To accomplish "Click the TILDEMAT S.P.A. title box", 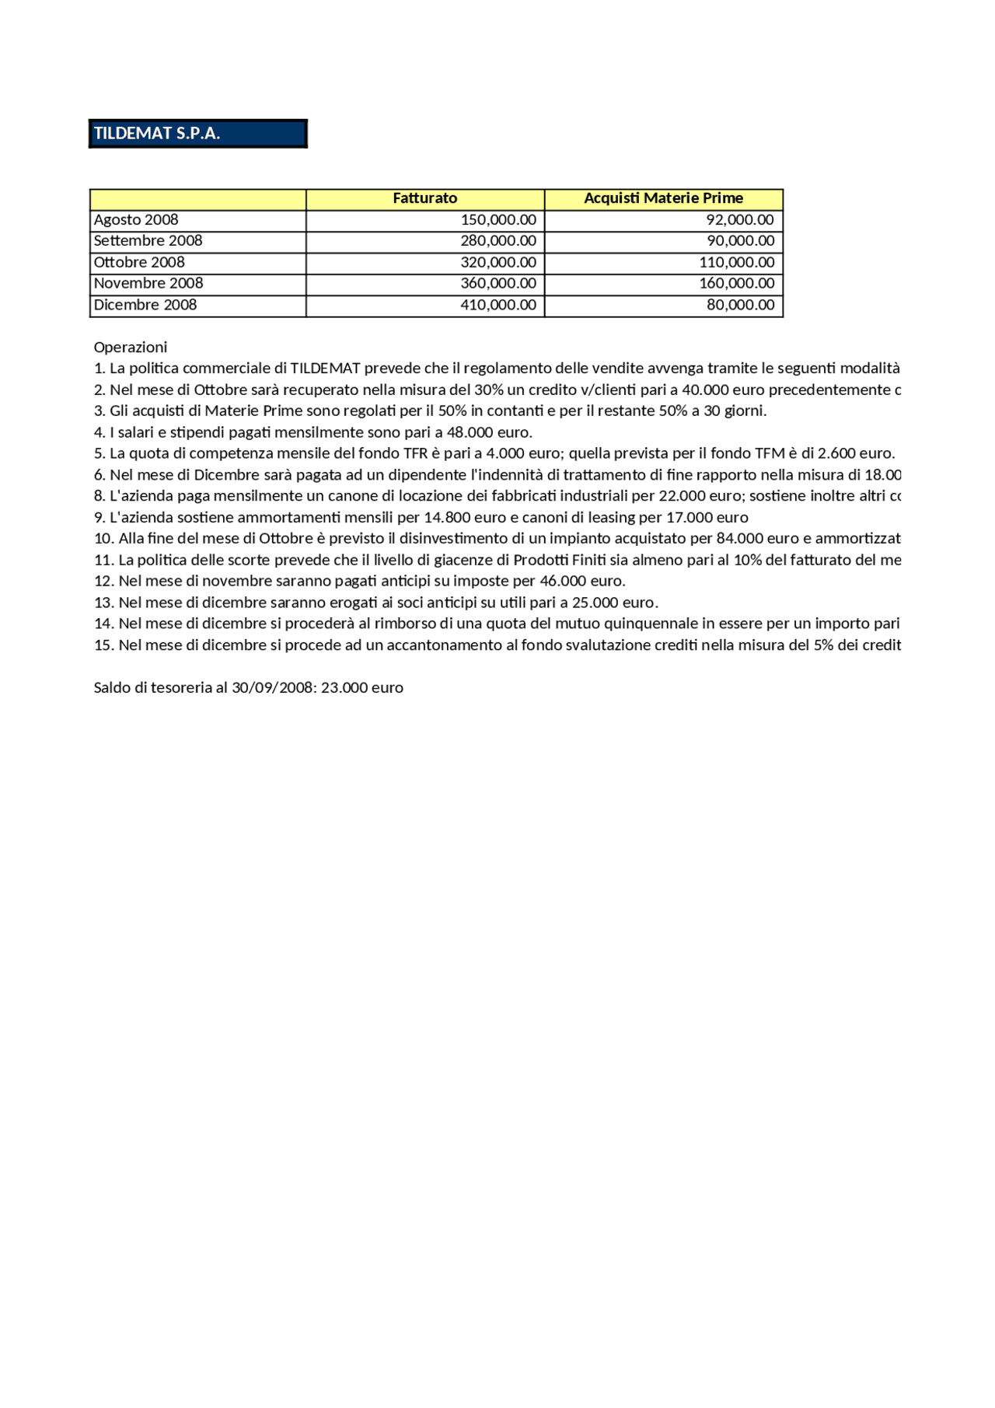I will coord(197,133).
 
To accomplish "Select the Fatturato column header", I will coord(424,198).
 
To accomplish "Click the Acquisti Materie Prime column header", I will coord(663,198).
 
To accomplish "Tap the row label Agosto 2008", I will coord(136,220).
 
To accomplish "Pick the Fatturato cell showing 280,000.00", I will coord(498,241).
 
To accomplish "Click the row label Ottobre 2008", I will coord(139,263).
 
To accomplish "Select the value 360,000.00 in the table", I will coord(498,284).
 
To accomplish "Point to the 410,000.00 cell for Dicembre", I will coord(498,305).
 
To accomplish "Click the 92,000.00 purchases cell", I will coord(739,220).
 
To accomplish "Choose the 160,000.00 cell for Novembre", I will coord(736,284).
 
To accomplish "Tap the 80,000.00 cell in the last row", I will coord(740,305).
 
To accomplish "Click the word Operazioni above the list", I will coord(131,347).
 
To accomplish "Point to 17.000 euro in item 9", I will coord(707,518).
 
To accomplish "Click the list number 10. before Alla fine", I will coord(104,539).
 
